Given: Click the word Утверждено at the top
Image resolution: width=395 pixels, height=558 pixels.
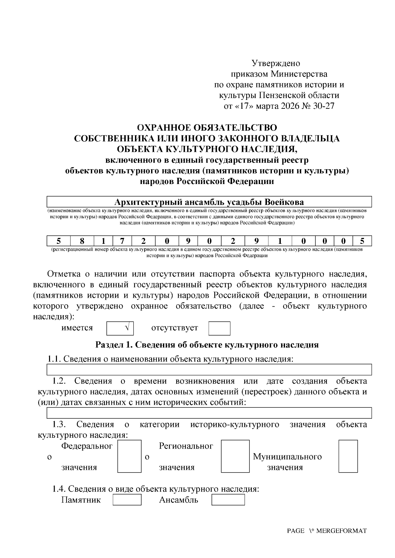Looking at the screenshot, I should click(276, 63).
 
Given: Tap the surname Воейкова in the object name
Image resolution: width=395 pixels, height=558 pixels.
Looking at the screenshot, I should click(284, 202).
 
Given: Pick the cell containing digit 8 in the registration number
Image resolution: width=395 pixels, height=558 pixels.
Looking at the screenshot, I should click(82, 241).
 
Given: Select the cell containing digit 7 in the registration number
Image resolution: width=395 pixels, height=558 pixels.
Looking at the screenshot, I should click(122, 241).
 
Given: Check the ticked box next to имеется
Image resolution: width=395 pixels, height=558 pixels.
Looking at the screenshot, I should click(120, 328).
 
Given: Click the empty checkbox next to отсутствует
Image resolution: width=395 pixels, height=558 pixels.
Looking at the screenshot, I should click(219, 328).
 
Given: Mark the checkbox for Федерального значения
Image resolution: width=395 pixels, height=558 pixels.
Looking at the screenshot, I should click(129, 456).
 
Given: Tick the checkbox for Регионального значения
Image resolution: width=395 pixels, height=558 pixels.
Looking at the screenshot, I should click(235, 456).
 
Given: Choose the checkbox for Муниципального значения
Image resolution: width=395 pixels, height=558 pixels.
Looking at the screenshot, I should click(348, 456).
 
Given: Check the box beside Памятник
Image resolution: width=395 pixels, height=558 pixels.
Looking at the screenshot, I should click(127, 500).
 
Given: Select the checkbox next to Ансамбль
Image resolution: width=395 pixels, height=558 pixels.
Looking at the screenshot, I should click(228, 500).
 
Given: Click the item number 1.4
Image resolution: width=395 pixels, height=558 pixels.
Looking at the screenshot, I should click(59, 489).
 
